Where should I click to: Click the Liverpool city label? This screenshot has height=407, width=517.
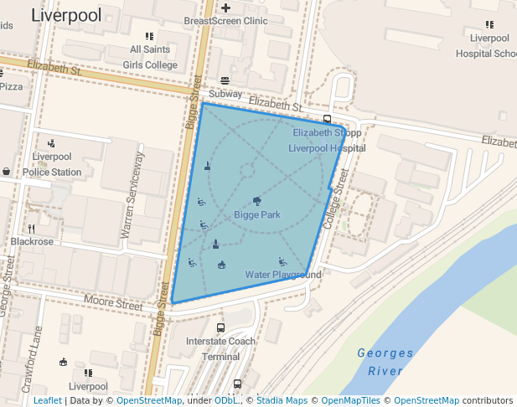66,15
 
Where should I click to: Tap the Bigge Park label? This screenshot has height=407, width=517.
256,215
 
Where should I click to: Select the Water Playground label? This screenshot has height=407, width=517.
283,275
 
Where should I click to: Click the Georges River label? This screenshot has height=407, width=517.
385,361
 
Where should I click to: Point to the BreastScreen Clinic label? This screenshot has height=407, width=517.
225,21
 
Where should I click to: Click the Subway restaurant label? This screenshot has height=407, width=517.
225,94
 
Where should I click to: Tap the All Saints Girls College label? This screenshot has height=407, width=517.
150,57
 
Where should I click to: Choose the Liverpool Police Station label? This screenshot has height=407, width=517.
52,164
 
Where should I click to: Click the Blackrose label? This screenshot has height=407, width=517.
32,241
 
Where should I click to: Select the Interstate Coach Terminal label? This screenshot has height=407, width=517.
220,348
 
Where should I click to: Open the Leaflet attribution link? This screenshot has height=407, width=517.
48,401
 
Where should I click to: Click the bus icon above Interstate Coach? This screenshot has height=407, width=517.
220,328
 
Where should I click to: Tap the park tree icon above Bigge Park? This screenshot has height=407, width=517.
256,201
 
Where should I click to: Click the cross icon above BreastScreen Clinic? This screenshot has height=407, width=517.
225,8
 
